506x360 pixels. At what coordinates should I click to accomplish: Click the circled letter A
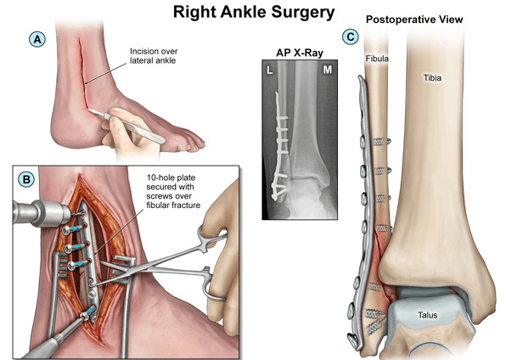(37, 39)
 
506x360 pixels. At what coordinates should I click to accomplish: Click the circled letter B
(26, 179)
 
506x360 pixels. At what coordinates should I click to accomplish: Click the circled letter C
(351, 37)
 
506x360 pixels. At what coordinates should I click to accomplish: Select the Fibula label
(377, 59)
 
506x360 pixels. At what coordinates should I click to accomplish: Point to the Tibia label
(432, 77)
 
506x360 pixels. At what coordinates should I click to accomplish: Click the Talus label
(427, 314)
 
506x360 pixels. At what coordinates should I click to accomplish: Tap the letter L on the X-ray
(269, 70)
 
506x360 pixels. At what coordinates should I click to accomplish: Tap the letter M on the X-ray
(328, 70)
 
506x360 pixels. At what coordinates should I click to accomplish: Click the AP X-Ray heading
(300, 53)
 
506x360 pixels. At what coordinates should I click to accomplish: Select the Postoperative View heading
(414, 20)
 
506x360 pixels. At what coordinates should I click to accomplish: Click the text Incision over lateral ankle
(154, 56)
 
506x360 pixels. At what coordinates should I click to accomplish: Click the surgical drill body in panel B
(42, 212)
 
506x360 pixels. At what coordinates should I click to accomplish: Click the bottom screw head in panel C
(352, 339)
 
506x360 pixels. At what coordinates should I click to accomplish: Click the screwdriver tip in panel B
(86, 316)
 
